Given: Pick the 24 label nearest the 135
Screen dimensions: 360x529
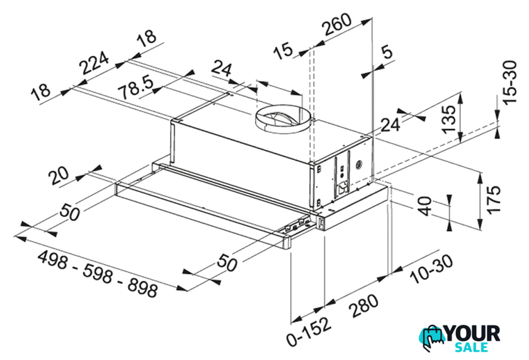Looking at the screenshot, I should tap(391, 125).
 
